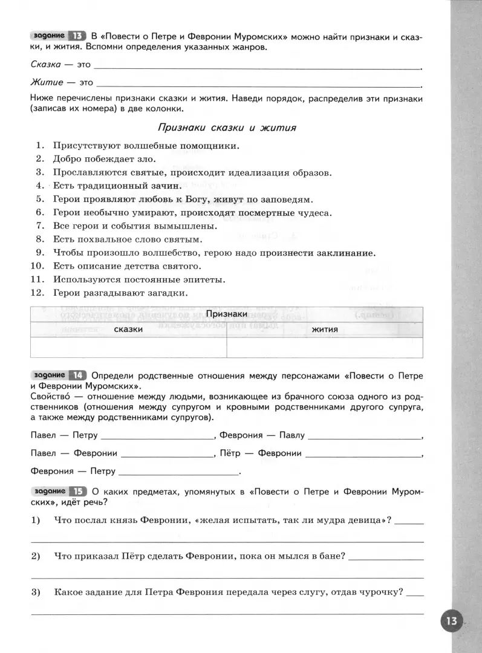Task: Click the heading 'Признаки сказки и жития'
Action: point(226,128)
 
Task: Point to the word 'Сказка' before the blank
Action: point(45,65)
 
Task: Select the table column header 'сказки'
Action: point(128,330)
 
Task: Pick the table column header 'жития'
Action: point(325,330)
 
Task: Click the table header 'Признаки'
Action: point(226,314)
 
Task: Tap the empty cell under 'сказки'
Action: point(128,347)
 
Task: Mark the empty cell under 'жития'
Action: point(325,347)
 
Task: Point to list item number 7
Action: point(41,226)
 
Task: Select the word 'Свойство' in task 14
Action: point(48,397)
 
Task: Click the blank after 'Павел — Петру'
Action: point(157,435)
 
